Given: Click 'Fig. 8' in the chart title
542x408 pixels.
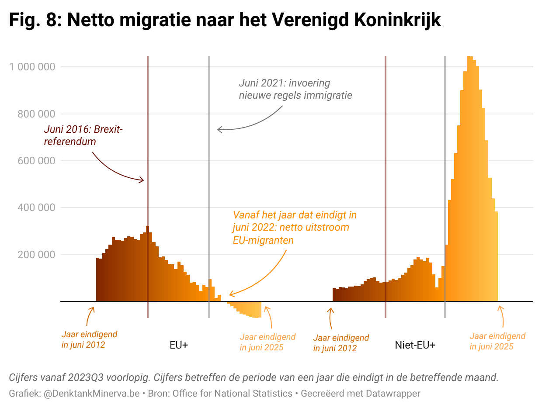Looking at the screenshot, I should [35, 20].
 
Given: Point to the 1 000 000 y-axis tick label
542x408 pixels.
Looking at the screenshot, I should [33, 67].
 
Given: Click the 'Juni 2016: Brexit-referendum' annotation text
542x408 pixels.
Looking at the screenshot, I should [83, 135].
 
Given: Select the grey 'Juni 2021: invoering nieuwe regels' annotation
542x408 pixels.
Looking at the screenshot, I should [295, 89].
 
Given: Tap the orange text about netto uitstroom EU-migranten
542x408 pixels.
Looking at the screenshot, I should [295, 228].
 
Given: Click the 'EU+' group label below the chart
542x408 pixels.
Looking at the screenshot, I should [179, 345].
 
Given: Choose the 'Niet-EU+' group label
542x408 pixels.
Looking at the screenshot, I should [415, 345].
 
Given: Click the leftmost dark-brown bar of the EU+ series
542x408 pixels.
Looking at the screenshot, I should [97, 280].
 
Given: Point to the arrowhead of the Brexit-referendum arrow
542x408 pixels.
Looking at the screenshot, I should [142, 180].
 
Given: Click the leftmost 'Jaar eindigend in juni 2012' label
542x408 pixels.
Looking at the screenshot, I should [89, 340].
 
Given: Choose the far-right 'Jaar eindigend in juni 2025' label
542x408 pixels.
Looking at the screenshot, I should [497, 341].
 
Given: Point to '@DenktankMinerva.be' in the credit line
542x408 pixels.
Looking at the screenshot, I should [91, 394].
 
